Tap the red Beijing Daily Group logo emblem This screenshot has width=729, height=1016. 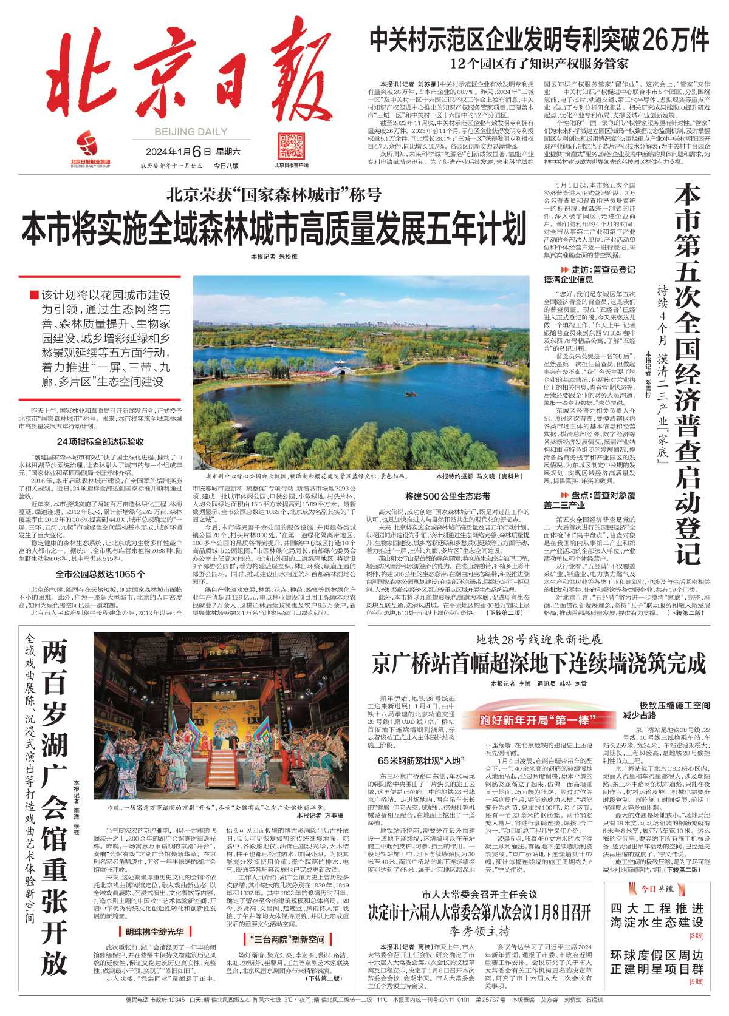(x=91, y=144)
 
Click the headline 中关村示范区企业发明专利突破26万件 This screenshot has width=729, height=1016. (x=539, y=41)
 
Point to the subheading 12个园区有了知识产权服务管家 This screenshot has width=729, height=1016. (x=539, y=63)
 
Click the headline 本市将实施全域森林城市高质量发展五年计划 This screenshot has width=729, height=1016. (x=274, y=228)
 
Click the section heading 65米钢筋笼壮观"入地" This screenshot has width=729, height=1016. (x=420, y=760)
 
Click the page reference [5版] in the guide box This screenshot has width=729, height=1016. (x=696, y=981)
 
